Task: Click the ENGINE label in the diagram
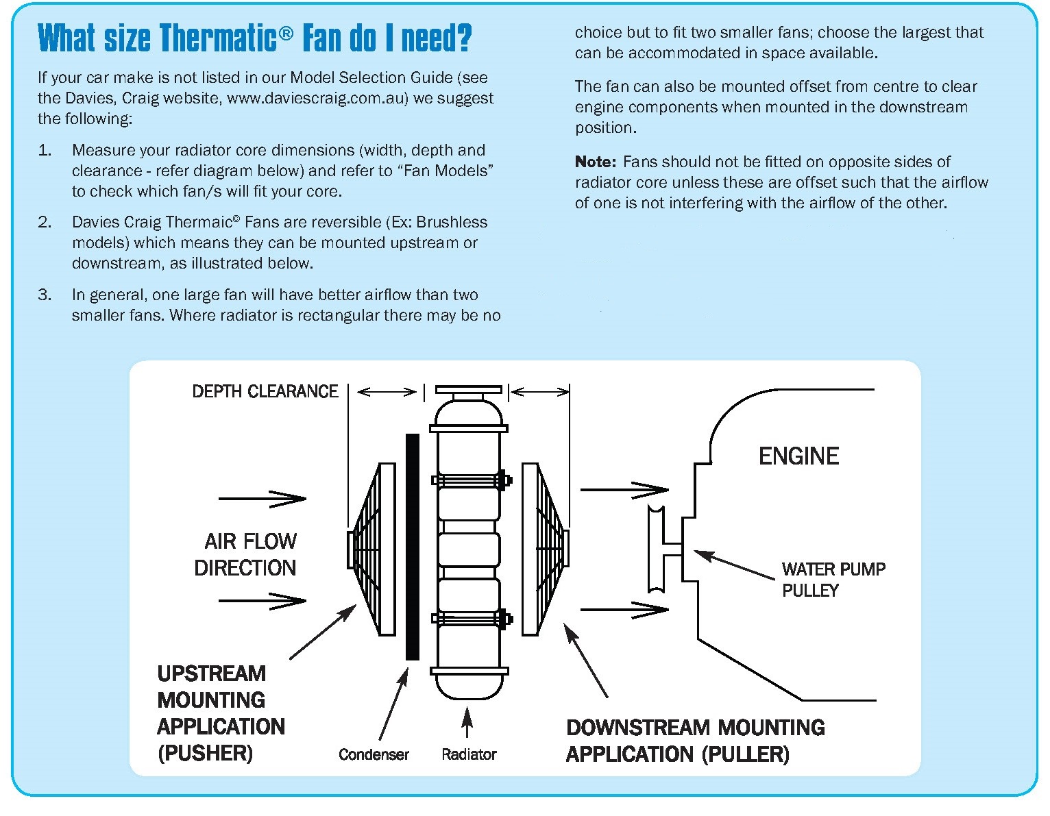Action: (798, 456)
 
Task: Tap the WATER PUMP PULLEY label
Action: (833, 580)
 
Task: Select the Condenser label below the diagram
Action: (374, 754)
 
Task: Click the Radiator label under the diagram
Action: (469, 754)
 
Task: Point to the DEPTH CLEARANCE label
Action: (265, 391)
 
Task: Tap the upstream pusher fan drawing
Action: (374, 548)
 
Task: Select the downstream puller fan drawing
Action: (545, 548)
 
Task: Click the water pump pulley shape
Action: (657, 547)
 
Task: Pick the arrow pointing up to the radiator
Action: (467, 724)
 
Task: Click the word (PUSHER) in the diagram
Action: (205, 754)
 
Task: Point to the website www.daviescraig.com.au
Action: (317, 98)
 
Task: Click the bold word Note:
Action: (596, 162)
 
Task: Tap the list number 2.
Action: (45, 222)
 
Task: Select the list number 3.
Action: (45, 295)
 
